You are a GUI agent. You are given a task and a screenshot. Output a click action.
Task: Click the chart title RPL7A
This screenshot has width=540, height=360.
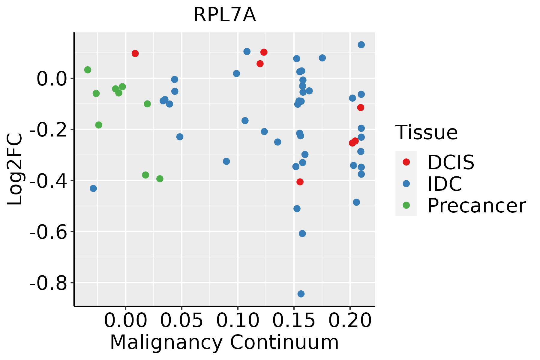click(x=225, y=15)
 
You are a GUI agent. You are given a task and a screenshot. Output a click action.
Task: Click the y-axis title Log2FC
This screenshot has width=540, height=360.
click(x=15, y=169)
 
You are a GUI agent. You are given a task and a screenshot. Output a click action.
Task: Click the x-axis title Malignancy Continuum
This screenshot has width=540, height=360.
click(x=224, y=343)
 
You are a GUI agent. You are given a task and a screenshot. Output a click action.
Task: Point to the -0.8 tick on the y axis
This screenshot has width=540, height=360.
click(x=48, y=283)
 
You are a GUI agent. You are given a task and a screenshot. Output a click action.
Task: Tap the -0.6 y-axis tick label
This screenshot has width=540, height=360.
click(x=48, y=232)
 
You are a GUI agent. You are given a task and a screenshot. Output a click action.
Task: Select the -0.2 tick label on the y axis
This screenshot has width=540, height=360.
click(x=48, y=130)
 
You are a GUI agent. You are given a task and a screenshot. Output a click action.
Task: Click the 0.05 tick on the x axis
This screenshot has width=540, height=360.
click(x=181, y=320)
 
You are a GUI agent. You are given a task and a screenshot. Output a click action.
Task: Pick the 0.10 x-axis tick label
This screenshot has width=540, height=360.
click(x=238, y=320)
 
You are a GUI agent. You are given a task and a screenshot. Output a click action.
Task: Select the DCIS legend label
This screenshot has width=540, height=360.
click(x=451, y=162)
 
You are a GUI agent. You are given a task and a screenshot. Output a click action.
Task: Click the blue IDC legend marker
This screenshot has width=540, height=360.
click(x=406, y=184)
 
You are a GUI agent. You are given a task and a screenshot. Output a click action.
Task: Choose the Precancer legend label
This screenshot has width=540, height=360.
click(x=476, y=206)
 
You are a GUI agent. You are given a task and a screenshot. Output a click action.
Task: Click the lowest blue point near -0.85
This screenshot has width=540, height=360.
click(x=301, y=294)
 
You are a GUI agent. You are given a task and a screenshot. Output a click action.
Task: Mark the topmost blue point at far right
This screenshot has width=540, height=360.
click(x=361, y=45)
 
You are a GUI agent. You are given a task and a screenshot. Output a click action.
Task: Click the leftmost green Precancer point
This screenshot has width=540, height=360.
click(x=88, y=70)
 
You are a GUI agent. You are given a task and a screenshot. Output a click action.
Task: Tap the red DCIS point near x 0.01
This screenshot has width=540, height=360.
click(x=135, y=53)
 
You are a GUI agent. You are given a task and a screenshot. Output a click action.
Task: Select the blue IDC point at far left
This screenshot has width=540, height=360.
click(x=93, y=188)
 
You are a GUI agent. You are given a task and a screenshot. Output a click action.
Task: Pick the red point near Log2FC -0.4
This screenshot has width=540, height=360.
click(x=300, y=182)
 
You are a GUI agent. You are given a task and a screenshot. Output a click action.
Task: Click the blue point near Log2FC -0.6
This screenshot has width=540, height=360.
click(x=302, y=234)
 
